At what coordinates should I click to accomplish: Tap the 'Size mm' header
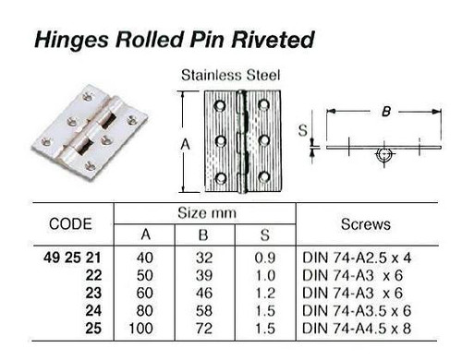pos(203,211)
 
